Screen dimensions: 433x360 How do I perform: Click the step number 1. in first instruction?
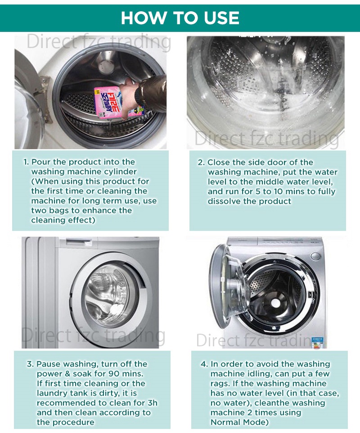point(26,162)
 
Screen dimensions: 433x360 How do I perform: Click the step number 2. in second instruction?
point(201,162)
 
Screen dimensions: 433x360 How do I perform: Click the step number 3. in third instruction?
point(30,364)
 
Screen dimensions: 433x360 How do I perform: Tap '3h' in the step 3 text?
point(153,403)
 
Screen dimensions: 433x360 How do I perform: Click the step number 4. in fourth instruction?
point(204,364)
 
